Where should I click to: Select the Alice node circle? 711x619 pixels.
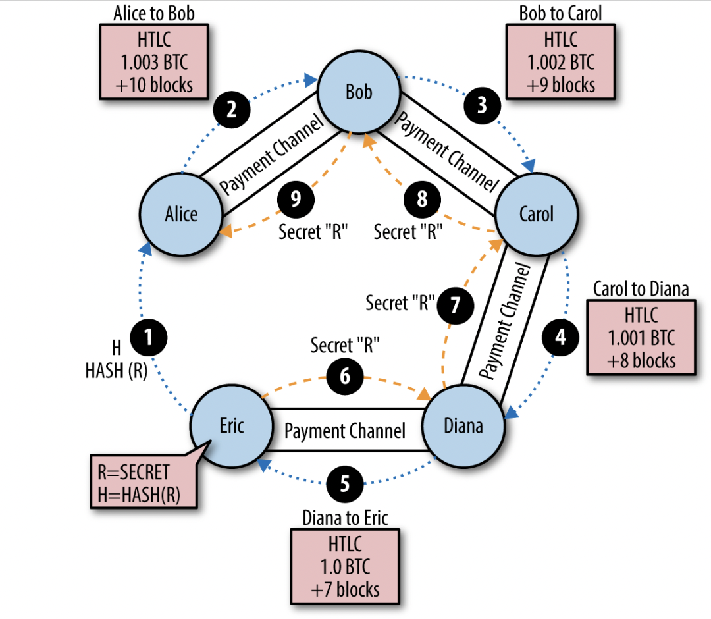click(181, 214)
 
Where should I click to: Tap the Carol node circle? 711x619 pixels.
click(536, 214)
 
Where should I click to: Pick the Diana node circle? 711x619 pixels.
click(463, 426)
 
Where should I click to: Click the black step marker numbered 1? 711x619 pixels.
click(148, 338)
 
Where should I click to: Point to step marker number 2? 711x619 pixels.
click(231, 109)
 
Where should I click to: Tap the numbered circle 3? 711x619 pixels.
click(483, 105)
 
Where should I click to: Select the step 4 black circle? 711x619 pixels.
click(560, 338)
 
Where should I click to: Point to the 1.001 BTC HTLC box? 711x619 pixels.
click(641, 338)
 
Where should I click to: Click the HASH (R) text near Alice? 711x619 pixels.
click(116, 371)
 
